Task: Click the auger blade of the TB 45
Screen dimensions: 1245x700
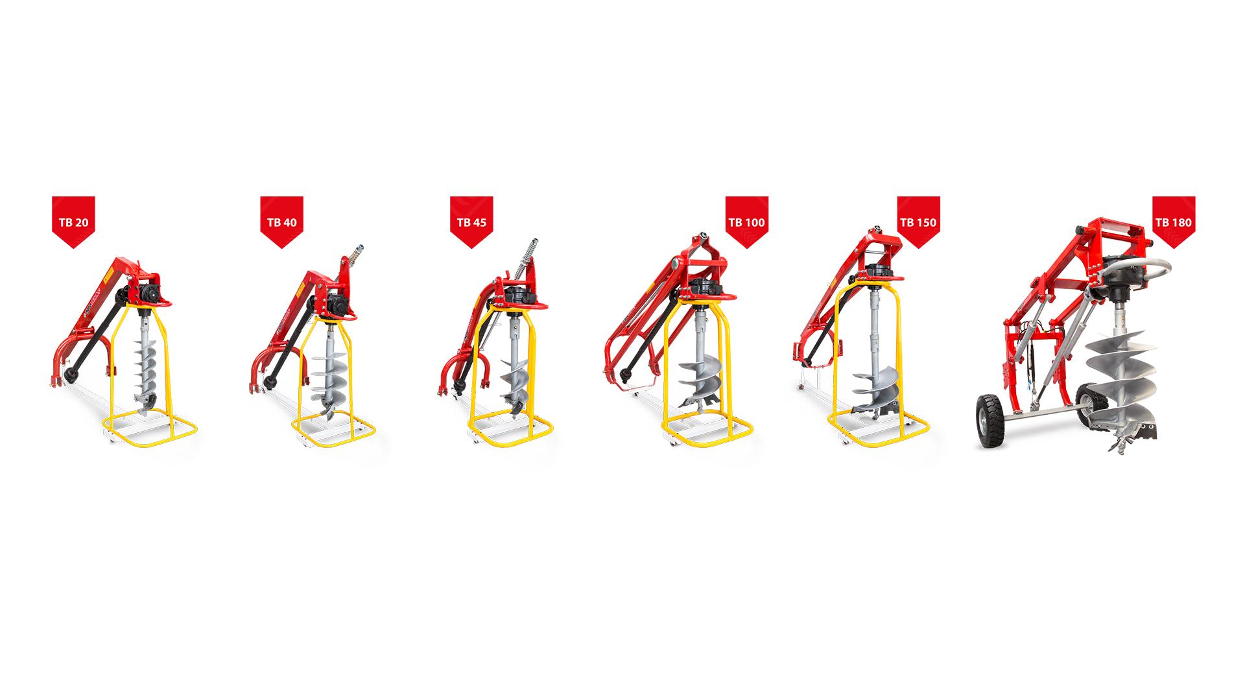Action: pyautogui.click(x=519, y=389)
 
